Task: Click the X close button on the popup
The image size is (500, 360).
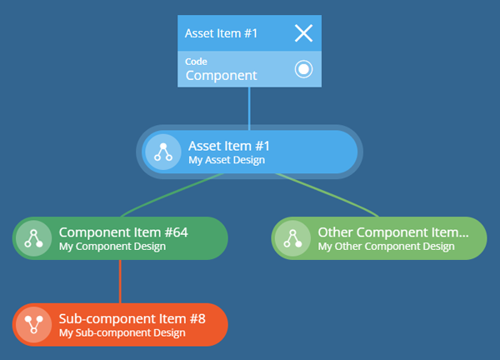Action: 303,33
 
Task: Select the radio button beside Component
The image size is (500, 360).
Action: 303,69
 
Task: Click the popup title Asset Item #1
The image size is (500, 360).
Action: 221,33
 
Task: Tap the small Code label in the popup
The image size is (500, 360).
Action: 196,61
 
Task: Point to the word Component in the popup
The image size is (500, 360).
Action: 222,76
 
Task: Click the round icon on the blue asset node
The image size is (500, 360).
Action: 163,152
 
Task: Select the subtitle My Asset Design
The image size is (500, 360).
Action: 227,160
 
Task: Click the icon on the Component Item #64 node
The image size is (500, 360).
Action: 34,238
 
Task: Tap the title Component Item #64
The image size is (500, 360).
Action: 123,232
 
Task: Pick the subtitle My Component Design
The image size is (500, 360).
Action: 112,247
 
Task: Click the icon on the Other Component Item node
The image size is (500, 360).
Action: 292,238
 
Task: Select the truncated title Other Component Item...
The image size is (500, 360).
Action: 393,232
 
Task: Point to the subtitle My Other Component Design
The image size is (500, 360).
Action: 386,247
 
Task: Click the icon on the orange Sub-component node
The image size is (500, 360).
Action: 34,325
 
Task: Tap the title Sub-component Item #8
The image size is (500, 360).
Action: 132,318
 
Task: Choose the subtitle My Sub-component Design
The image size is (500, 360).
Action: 122,332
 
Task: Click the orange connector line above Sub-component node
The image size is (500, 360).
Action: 120,282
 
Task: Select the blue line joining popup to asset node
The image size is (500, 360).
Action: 249,108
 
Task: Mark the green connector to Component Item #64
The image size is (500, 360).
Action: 172,195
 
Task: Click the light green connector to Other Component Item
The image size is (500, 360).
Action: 327,195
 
